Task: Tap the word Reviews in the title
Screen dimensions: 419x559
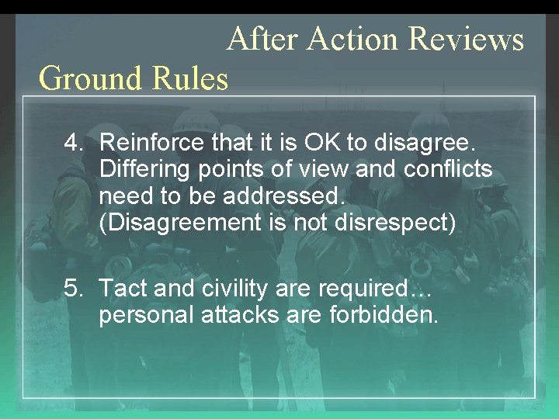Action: pos(466,38)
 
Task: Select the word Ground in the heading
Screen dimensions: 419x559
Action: pos(86,78)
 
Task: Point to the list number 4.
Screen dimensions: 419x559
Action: pos(73,143)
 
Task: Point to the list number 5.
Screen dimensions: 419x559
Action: pos(73,289)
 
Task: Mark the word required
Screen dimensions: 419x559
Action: pos(366,289)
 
